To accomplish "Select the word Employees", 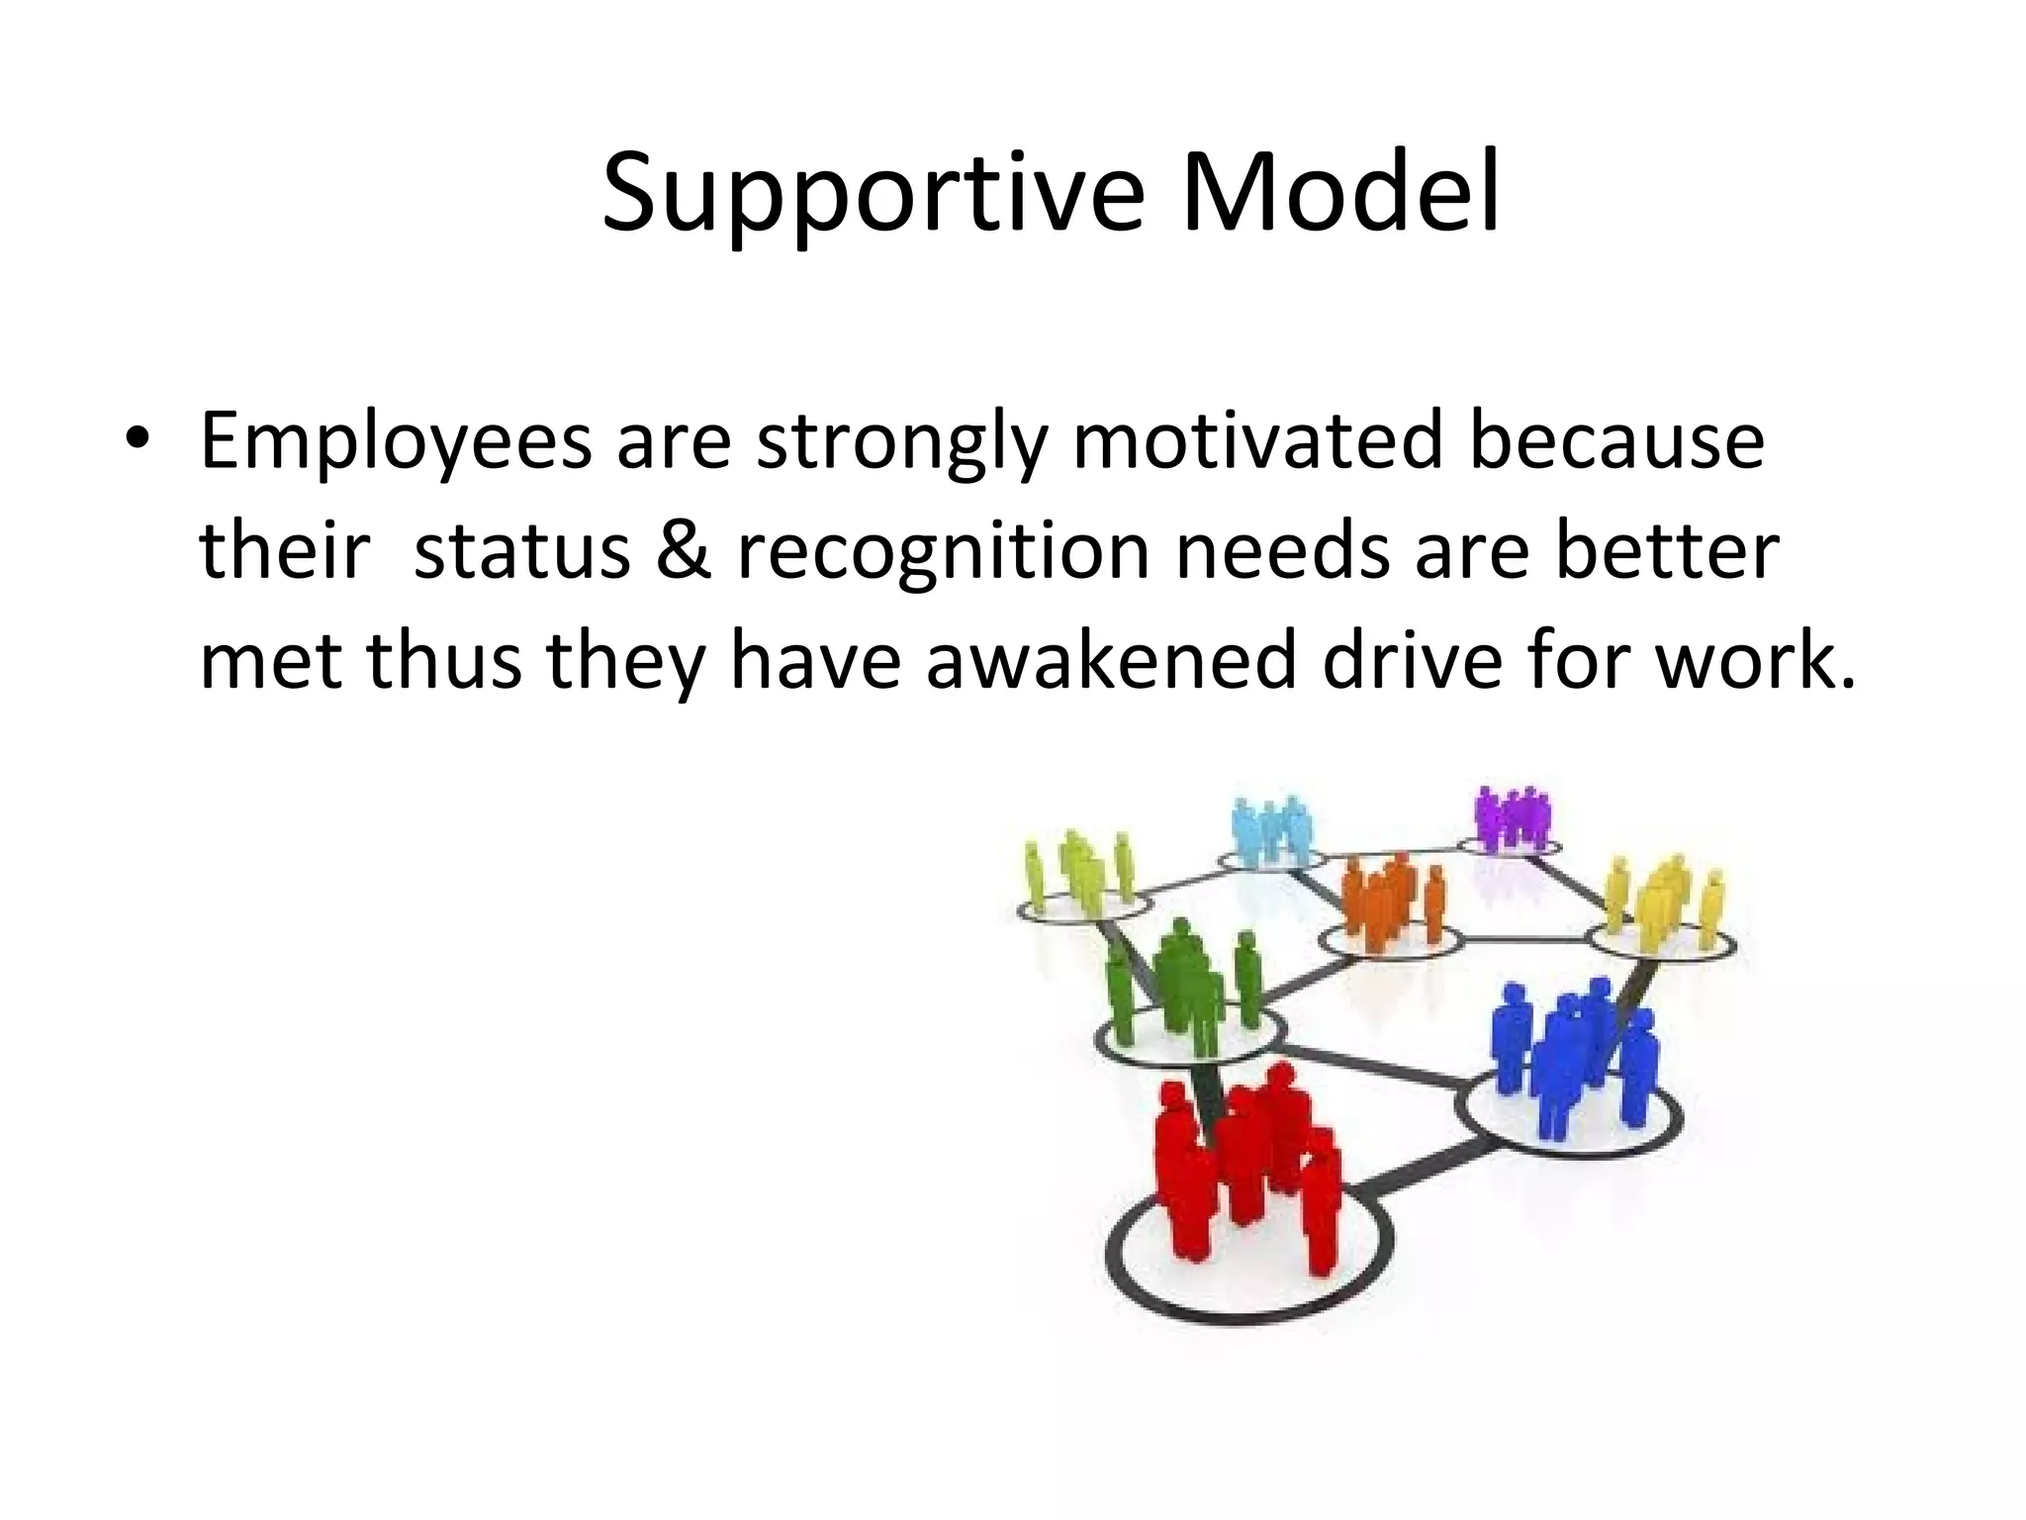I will [396, 442].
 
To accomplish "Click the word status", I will [522, 550].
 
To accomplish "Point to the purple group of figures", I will [1510, 817].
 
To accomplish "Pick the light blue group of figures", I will [1271, 832].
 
